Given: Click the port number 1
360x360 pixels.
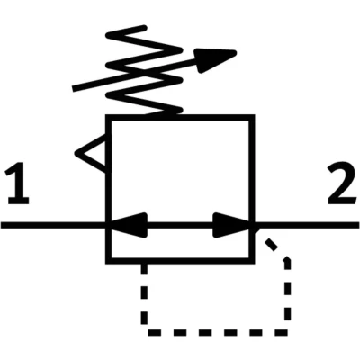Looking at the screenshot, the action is pyautogui.click(x=17, y=184).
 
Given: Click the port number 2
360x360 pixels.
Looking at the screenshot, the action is pyautogui.click(x=342, y=184).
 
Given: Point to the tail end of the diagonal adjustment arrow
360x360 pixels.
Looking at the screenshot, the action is pyautogui.click(x=74, y=88).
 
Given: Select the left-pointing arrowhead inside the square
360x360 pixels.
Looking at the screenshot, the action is pyautogui.click(x=129, y=225).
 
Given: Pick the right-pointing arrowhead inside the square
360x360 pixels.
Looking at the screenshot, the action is pyautogui.click(x=231, y=225).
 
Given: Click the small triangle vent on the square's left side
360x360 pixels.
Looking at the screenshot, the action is pyautogui.click(x=90, y=154).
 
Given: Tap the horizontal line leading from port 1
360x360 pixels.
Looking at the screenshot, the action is pyautogui.click(x=53, y=225).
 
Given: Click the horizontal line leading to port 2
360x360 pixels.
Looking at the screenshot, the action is pyautogui.click(x=307, y=225).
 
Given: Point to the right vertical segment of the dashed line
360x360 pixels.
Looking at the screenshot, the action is pyautogui.click(x=287, y=295).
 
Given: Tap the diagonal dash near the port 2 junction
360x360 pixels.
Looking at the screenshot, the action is pyautogui.click(x=272, y=245).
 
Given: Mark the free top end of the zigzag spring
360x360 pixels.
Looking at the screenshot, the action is pyautogui.click(x=145, y=28).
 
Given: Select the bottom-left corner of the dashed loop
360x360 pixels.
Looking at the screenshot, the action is pyautogui.click(x=144, y=332).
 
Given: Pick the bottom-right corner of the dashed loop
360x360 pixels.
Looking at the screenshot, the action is pyautogui.click(x=287, y=332).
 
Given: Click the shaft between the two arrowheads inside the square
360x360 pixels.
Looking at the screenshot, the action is pyautogui.click(x=180, y=225).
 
